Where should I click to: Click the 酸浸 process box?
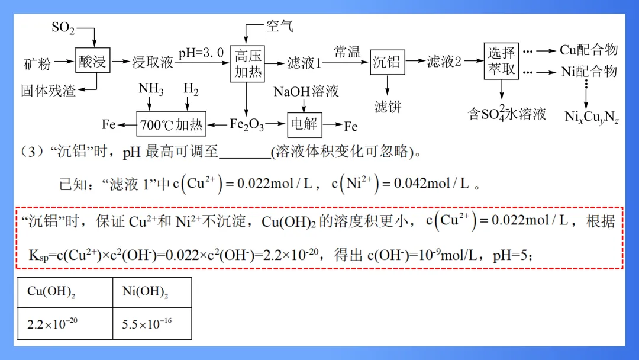coord(92,61)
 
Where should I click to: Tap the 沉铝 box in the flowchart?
coord(387,62)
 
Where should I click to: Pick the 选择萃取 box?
coord(502,61)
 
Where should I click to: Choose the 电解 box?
coord(305,124)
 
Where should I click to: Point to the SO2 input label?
coord(63,28)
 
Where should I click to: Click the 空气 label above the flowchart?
coord(279,26)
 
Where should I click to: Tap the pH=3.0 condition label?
coord(201,53)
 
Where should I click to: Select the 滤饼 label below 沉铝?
coord(388,107)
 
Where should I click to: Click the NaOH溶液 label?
coord(306,91)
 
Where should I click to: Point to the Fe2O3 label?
coord(246,126)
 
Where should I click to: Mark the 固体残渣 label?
coord(49,91)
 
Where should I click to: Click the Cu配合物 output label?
coord(589,50)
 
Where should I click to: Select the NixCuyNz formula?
coord(592,117)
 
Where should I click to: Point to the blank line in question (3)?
coord(244,153)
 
